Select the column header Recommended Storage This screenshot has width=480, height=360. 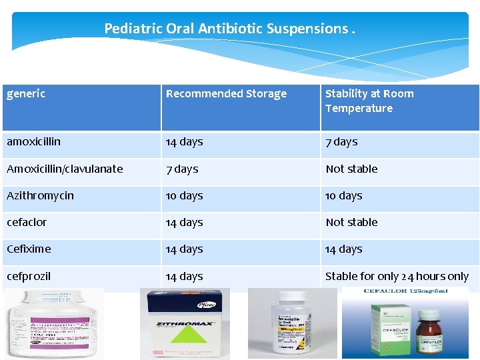click(x=226, y=94)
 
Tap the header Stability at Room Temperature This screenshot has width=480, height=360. click(x=369, y=101)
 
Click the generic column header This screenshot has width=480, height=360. click(x=26, y=94)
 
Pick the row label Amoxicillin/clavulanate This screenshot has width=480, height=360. click(x=65, y=169)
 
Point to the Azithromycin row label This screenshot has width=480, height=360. click(x=40, y=196)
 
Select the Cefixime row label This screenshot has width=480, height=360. click(x=29, y=249)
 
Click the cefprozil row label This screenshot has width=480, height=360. click(x=29, y=276)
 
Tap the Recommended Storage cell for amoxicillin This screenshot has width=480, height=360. click(x=185, y=142)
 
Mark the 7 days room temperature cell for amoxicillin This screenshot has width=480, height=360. click(x=341, y=142)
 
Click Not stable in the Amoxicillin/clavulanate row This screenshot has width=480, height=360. click(x=351, y=169)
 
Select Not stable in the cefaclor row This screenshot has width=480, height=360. click(x=351, y=223)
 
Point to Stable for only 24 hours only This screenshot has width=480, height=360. click(x=397, y=276)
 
